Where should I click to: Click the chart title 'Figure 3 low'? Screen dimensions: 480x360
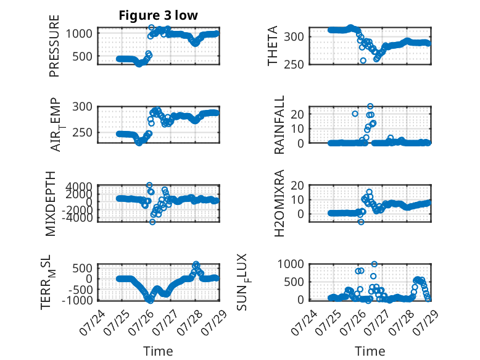pos(159,15)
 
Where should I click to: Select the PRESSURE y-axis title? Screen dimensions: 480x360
pos(54,46)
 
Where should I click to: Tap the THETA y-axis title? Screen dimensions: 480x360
pos(272,46)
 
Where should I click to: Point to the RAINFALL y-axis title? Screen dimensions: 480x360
pos(279,125)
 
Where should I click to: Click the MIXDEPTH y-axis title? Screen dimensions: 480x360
pos(51,204)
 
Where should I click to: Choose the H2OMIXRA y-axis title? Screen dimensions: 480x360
pos(279,203)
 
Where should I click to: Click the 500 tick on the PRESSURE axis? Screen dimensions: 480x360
pos(82,56)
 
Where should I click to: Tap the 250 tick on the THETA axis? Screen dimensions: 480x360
pos(294,65)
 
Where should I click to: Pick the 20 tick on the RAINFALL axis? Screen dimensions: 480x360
pos(297,114)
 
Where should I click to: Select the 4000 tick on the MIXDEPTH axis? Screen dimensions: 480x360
pos(79,186)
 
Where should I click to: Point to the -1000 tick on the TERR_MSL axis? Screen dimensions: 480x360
pos(77,300)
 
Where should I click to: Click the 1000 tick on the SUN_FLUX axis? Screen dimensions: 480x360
pos(291,264)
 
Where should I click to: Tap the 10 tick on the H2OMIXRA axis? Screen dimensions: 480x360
pos(297,200)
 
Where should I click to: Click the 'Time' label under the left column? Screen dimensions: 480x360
pos(158,351)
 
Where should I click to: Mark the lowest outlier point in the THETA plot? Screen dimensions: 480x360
pos(363,61)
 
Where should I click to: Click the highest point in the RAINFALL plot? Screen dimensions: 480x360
pos(370,106)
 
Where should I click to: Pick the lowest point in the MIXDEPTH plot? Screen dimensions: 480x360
pos(152,222)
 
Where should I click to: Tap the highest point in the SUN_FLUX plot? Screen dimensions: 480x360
pos(374,264)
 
